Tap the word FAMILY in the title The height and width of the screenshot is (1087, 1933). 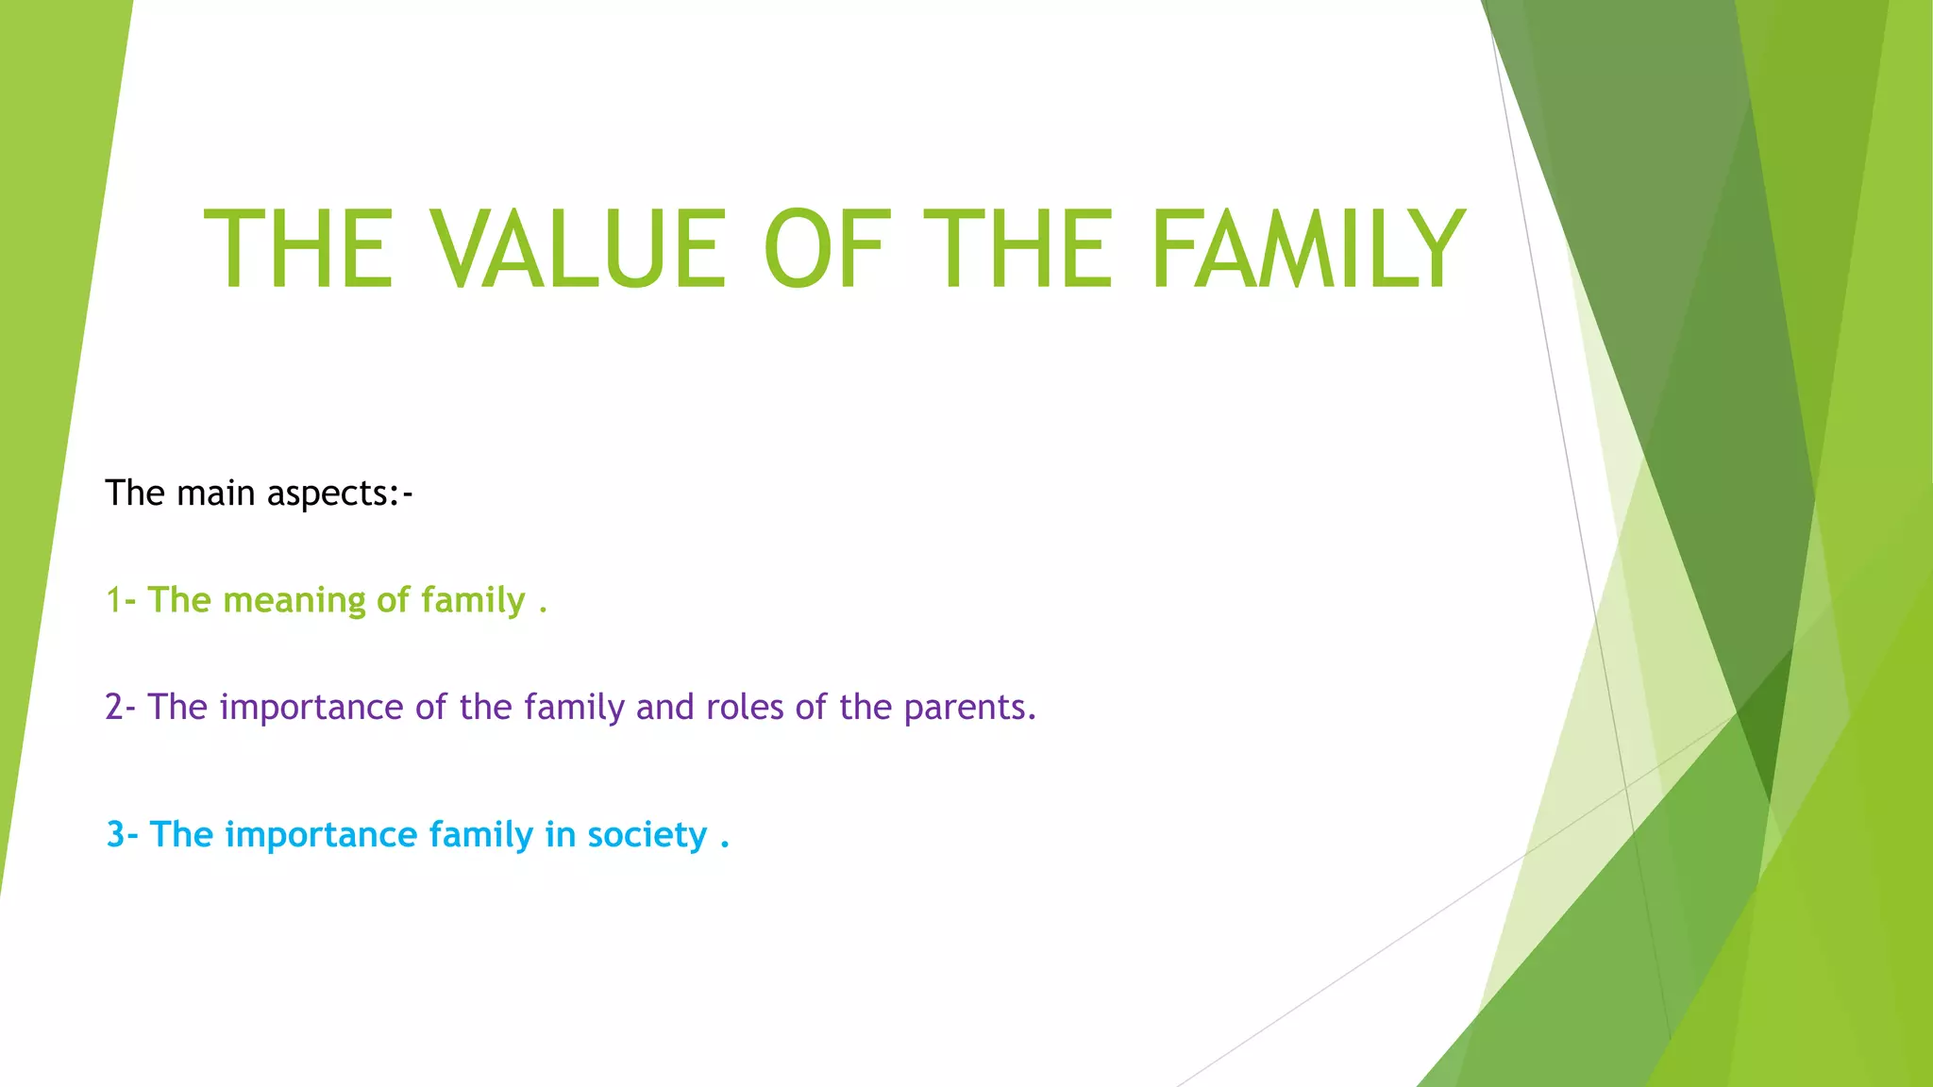coord(1308,250)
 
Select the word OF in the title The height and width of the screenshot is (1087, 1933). coord(827,250)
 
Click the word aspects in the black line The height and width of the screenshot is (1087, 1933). coord(327,493)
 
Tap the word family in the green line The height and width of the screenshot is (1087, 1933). coord(473,601)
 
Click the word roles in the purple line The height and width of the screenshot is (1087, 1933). coord(745,707)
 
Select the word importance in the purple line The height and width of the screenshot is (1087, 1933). coord(311,708)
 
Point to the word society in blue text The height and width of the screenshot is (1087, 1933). coord(647,836)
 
